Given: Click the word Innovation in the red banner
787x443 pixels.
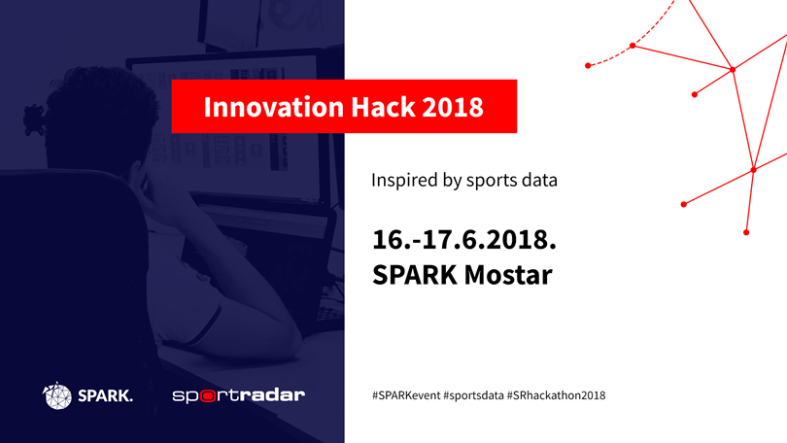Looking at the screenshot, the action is coord(274,107).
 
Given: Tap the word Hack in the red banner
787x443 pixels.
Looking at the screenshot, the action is coord(383,107).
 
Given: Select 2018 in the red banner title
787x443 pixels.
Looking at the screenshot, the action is coord(453,107).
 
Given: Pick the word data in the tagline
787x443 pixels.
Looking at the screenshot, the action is coord(539,180).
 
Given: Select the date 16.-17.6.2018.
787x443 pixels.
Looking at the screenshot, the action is coord(464,240).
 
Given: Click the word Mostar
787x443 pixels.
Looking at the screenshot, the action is coord(508,275).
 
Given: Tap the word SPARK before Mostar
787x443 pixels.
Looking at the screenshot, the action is coord(415,275).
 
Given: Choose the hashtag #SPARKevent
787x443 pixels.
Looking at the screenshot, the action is coord(406,395).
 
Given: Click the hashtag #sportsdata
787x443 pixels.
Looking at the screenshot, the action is coord(473,395).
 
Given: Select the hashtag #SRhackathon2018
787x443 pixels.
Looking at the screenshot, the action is coord(556,395).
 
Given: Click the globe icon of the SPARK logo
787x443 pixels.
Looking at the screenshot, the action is coord(56,395).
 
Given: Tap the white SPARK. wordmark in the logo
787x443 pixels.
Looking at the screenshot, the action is coord(105,395).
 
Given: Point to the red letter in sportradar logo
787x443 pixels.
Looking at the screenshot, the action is coord(208,395).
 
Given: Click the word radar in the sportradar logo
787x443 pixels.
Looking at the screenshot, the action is coord(271,394).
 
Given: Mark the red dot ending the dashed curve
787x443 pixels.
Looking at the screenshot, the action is coord(588,66).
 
